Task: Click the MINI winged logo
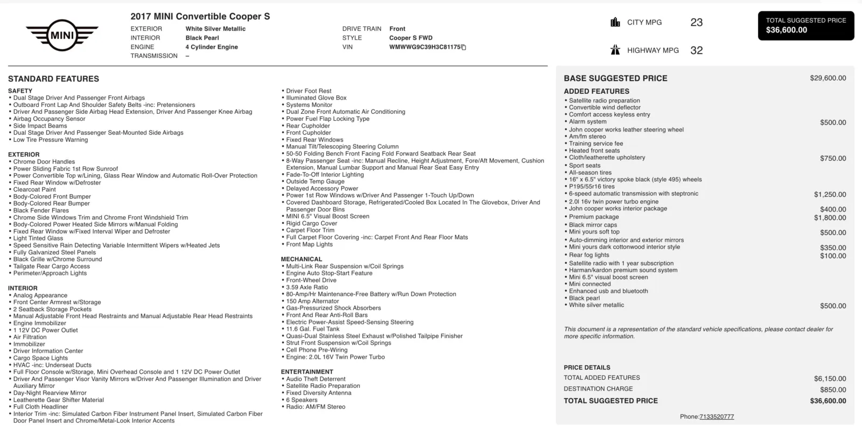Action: point(62,36)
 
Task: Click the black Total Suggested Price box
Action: point(806,25)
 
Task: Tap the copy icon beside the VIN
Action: point(463,47)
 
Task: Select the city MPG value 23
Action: point(696,23)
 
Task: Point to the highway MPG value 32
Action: point(696,51)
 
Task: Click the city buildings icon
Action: point(615,22)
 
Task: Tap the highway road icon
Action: point(615,50)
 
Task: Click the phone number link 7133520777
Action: point(717,417)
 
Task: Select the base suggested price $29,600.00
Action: point(828,78)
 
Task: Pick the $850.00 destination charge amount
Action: point(833,389)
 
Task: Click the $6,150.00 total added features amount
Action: point(830,379)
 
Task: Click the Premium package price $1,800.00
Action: point(830,218)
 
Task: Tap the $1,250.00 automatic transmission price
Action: point(830,195)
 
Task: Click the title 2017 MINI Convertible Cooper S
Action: point(200,17)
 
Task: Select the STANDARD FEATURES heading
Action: point(53,79)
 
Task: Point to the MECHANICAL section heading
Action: point(301,259)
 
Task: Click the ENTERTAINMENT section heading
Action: point(307,372)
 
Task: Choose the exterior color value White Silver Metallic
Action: point(215,29)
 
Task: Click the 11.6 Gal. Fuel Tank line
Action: point(312,329)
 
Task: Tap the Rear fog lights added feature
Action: point(589,255)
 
